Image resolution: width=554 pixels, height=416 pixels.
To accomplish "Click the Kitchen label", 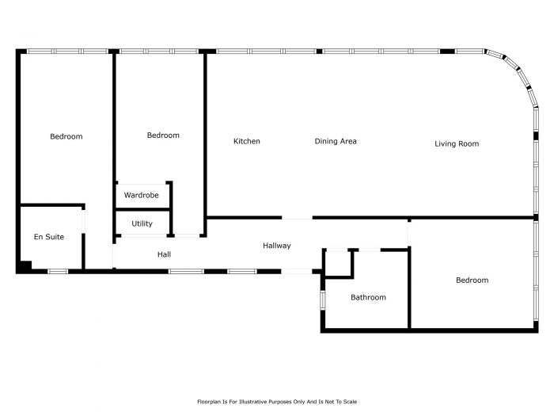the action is pyautogui.click(x=247, y=141).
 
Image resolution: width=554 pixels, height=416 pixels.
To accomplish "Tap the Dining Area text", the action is pyautogui.click(x=336, y=141).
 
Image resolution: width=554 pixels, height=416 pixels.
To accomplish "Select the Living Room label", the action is pyautogui.click(x=457, y=143).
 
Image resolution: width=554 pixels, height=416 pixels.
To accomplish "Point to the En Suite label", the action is pyautogui.click(x=49, y=237).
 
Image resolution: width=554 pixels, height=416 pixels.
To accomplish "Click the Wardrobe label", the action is pyautogui.click(x=142, y=195).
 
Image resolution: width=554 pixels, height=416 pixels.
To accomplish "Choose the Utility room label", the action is pyautogui.click(x=142, y=223).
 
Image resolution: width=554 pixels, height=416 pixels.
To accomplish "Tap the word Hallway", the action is pyautogui.click(x=277, y=246).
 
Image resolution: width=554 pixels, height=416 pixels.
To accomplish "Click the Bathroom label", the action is pyautogui.click(x=368, y=297).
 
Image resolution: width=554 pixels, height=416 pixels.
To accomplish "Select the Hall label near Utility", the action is pyautogui.click(x=165, y=254).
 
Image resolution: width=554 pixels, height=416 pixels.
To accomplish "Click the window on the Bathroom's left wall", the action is pyautogui.click(x=323, y=300).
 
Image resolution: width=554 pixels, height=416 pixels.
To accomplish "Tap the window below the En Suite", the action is pyautogui.click(x=58, y=271).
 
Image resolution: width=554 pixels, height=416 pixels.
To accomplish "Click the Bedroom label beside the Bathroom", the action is pyautogui.click(x=472, y=281).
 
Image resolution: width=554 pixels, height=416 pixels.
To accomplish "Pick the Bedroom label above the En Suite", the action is pyautogui.click(x=66, y=136).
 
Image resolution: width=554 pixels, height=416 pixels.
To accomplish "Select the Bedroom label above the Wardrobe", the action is pyautogui.click(x=163, y=135).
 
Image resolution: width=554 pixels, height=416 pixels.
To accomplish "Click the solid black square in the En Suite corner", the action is pyautogui.click(x=26, y=266).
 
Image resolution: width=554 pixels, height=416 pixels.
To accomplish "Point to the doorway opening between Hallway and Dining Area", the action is pyautogui.click(x=297, y=218).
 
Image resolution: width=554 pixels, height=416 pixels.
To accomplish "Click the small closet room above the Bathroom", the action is pyautogui.click(x=338, y=263).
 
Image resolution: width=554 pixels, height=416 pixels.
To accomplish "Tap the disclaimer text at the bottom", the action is pyautogui.click(x=277, y=402).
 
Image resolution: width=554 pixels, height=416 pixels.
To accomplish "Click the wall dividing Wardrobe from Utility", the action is pyautogui.click(x=143, y=210).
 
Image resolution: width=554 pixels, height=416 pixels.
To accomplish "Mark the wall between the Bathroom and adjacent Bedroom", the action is pyautogui.click(x=409, y=288).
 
